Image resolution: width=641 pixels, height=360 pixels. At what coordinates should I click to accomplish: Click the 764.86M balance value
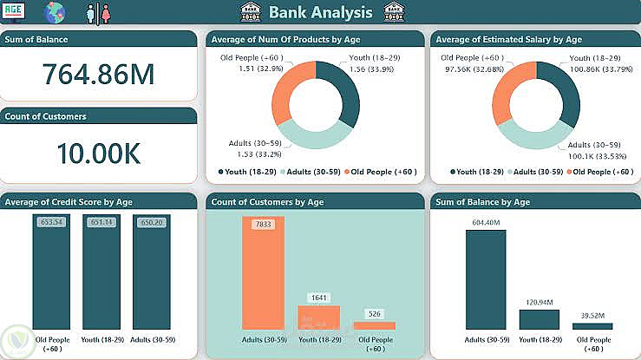[x=98, y=75]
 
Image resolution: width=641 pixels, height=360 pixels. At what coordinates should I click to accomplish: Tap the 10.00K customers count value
[x=98, y=153]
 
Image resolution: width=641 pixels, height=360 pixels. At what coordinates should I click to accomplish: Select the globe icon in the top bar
[x=56, y=12]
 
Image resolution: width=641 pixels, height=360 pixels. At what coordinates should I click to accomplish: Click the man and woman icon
[x=98, y=13]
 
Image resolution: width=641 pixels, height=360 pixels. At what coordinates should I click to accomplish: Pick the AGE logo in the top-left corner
[x=15, y=12]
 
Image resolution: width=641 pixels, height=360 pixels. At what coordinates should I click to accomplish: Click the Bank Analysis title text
[x=320, y=12]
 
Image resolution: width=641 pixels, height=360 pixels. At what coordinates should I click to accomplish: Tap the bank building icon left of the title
[x=250, y=12]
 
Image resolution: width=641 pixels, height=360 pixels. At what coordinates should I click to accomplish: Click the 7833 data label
[x=263, y=225]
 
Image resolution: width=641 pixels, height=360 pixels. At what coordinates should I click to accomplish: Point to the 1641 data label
[x=318, y=298]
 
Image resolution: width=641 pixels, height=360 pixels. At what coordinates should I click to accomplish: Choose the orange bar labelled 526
[x=374, y=325]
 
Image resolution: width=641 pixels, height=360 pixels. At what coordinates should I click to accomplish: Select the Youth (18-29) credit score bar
[x=101, y=273]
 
